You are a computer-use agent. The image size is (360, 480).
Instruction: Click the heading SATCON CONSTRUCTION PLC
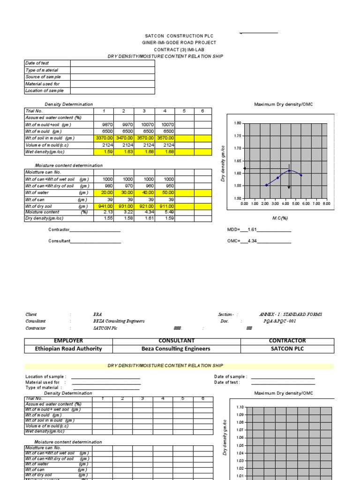click(x=180, y=36)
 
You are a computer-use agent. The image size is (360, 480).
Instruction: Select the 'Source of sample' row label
click(x=43, y=77)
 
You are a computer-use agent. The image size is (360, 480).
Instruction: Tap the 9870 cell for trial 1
click(x=104, y=125)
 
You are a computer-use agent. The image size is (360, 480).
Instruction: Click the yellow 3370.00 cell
click(x=104, y=138)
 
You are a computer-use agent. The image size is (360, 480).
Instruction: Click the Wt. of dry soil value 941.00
click(x=104, y=206)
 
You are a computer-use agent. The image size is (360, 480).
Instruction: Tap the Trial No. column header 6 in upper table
click(x=202, y=111)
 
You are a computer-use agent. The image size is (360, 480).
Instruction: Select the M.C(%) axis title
click(x=280, y=218)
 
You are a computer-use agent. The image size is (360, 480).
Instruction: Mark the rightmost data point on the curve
click(x=300, y=175)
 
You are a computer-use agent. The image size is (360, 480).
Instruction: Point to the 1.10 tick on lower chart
click(x=240, y=407)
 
